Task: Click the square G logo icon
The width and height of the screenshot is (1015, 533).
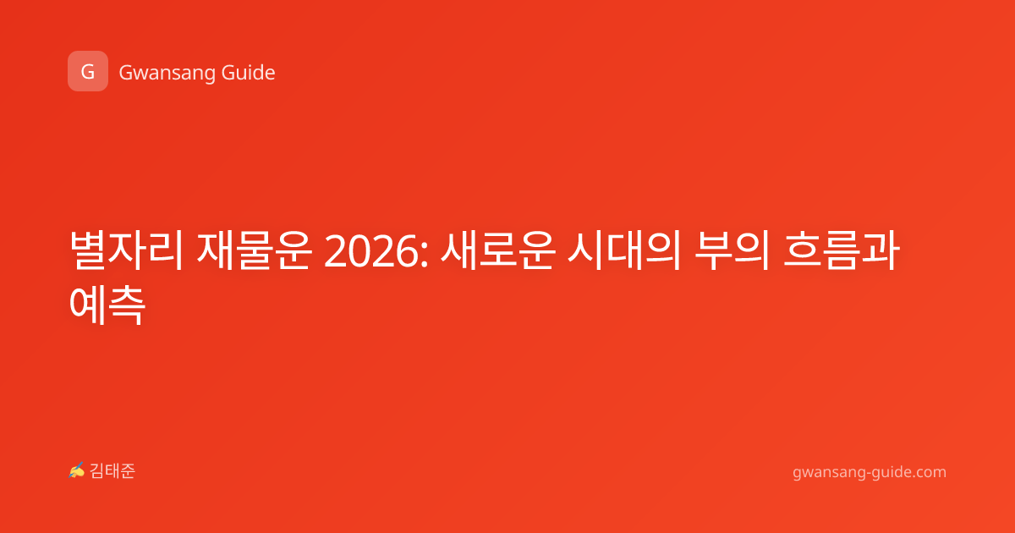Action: (88, 71)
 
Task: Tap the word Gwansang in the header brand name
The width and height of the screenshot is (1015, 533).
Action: (167, 73)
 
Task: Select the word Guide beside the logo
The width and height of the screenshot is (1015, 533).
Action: (248, 72)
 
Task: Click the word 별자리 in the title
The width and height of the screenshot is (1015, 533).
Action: (126, 250)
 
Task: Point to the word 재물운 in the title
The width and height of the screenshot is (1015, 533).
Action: (254, 250)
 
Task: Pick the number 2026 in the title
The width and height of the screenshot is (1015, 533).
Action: (371, 251)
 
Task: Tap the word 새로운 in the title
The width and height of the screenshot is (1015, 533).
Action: (498, 250)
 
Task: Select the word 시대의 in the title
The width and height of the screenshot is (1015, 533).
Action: (624, 250)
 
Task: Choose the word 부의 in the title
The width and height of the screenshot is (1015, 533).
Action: (732, 250)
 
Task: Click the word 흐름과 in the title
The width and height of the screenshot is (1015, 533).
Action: (841, 250)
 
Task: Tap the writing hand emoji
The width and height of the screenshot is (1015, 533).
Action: (77, 470)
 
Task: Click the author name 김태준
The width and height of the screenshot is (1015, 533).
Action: (112, 471)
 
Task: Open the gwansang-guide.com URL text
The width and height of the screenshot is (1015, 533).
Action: (870, 472)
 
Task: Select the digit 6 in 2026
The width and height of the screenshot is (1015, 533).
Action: (407, 251)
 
